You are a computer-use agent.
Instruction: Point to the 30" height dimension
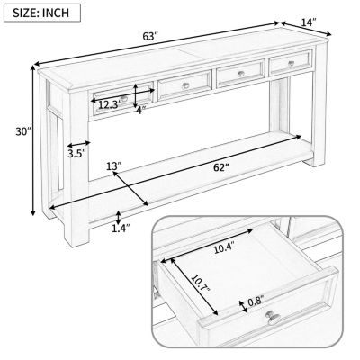coord(22,132)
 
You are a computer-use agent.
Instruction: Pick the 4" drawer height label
coord(139,111)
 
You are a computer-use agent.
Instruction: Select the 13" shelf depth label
coord(113,167)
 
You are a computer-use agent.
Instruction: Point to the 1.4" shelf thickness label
coord(120,229)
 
